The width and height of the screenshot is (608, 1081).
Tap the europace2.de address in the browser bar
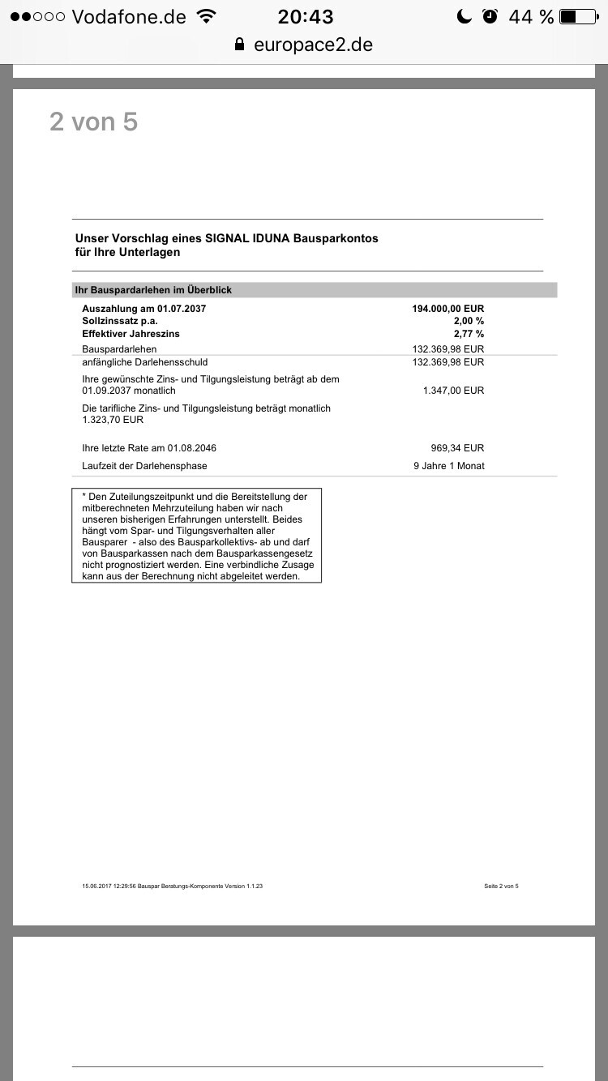click(x=313, y=45)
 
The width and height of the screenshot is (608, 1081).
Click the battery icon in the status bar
click(x=578, y=16)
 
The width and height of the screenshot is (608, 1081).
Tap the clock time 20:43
click(x=306, y=16)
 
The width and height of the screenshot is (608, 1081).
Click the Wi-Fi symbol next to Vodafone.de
click(x=207, y=16)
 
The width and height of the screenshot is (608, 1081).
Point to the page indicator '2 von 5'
click(x=93, y=122)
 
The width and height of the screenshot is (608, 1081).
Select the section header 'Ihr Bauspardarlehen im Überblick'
click(x=153, y=289)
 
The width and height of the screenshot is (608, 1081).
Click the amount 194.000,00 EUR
click(x=447, y=309)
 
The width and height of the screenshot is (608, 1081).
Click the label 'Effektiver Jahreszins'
click(x=131, y=333)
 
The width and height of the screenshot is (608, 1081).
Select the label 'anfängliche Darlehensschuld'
click(x=144, y=362)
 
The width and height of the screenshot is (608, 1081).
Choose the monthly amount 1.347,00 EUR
click(x=453, y=391)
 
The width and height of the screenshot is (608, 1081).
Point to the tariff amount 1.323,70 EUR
click(x=113, y=420)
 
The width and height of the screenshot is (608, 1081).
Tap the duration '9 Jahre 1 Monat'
click(x=448, y=466)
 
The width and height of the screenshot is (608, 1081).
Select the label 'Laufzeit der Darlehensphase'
click(x=144, y=466)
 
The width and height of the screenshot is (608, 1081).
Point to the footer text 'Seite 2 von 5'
click(x=501, y=886)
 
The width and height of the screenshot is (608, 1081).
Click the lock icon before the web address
click(x=240, y=45)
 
